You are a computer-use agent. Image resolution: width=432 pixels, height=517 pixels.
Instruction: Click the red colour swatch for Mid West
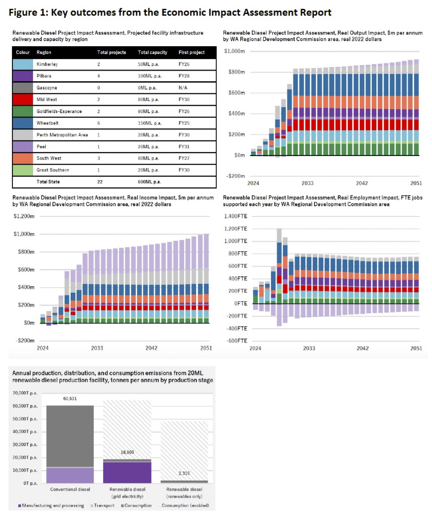23,100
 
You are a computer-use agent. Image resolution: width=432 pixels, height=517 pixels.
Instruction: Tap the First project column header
192,52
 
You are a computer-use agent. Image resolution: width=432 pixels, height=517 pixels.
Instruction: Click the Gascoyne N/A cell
183,88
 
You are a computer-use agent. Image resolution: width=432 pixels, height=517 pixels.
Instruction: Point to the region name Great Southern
53,170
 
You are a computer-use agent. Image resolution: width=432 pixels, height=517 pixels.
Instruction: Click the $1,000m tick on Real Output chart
234,51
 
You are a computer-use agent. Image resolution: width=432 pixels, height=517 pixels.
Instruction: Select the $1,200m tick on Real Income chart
24,216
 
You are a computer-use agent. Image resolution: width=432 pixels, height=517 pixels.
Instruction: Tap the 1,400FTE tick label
236,216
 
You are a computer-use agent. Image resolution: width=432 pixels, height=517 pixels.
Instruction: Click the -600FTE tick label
236,341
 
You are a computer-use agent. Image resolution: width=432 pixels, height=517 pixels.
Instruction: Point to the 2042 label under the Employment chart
363,348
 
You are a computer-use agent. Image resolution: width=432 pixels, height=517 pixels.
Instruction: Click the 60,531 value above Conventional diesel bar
70,399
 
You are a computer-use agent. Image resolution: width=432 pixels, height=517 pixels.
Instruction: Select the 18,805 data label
127,452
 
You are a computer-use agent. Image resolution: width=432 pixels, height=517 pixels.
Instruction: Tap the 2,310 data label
184,473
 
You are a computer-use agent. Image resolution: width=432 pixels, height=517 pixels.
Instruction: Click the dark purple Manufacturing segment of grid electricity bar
127,472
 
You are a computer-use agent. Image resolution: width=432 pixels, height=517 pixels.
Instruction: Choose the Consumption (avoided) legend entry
185,506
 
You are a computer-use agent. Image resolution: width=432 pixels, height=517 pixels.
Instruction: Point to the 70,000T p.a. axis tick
25,393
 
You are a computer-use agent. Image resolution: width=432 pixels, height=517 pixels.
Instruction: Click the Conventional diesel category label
70,489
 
